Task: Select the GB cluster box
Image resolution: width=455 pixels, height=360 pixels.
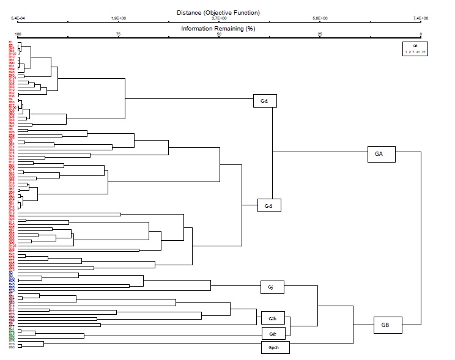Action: click(x=385, y=325)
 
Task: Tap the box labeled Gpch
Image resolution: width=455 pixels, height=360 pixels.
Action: click(x=273, y=347)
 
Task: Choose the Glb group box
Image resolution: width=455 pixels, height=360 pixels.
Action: click(x=272, y=318)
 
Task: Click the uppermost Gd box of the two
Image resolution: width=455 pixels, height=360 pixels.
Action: click(x=264, y=100)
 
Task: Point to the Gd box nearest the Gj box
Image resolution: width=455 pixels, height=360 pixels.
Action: click(x=268, y=206)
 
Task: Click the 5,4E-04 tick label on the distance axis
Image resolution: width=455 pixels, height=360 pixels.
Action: click(x=20, y=18)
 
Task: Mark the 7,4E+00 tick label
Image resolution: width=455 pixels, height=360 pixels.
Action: click(x=421, y=18)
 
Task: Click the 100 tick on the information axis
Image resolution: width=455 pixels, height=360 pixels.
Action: click(x=18, y=34)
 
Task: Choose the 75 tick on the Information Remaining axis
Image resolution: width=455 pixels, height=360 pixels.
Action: click(x=118, y=34)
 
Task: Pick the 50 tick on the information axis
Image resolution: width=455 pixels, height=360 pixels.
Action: click(x=219, y=34)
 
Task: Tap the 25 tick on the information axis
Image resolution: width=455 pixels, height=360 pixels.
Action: click(x=320, y=34)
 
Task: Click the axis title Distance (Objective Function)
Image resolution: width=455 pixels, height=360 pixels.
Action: click(x=218, y=12)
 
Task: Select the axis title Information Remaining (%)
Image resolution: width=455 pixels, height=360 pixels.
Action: click(x=218, y=29)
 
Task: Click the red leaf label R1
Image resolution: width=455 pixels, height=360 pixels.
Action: click(x=11, y=42)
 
